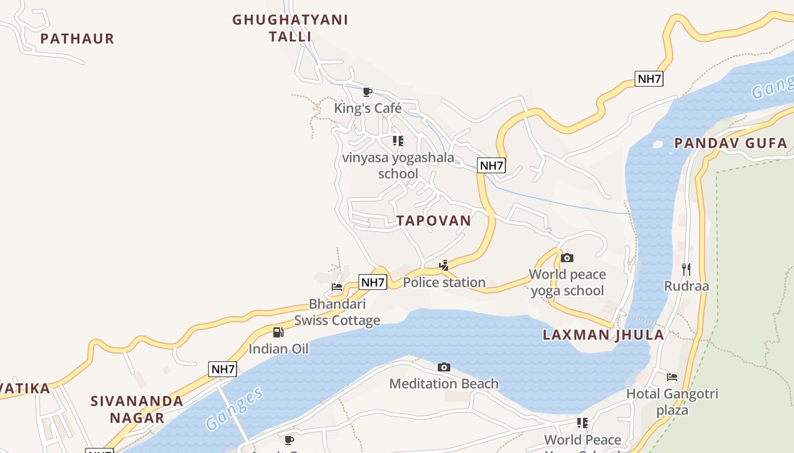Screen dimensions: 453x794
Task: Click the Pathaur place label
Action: click(x=77, y=39)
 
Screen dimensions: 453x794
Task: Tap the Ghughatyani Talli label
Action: click(x=290, y=28)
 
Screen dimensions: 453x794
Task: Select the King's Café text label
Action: click(x=368, y=108)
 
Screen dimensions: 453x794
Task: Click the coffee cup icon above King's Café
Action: click(x=368, y=92)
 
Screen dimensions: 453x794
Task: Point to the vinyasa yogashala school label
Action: click(x=398, y=165)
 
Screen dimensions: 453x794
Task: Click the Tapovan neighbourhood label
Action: click(x=434, y=221)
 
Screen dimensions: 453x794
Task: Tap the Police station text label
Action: click(x=444, y=282)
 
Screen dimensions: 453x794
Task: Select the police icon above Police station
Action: click(x=444, y=265)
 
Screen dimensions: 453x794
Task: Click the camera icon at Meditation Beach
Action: click(x=444, y=367)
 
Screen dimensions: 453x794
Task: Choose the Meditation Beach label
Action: click(x=444, y=384)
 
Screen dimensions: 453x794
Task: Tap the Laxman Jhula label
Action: click(x=603, y=335)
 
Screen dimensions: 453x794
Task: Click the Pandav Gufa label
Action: click(x=731, y=143)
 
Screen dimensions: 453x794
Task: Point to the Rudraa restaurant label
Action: click(x=686, y=286)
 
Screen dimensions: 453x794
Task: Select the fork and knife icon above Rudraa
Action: click(x=686, y=269)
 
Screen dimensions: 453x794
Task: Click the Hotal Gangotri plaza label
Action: click(x=672, y=401)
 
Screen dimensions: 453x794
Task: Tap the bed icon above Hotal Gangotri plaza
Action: click(x=672, y=377)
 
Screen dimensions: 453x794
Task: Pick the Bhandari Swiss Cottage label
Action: click(x=337, y=312)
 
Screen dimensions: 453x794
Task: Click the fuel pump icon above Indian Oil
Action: click(x=278, y=332)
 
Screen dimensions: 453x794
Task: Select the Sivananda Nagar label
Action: click(x=137, y=409)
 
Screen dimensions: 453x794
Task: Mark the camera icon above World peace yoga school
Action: click(x=567, y=258)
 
